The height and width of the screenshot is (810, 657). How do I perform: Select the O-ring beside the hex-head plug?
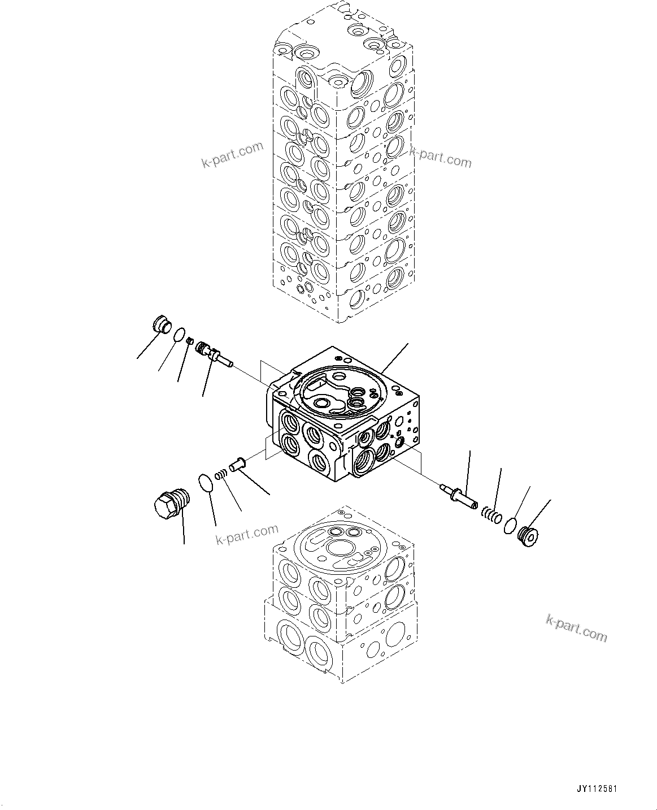(207, 483)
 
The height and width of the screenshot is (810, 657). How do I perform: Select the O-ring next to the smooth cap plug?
(180, 334)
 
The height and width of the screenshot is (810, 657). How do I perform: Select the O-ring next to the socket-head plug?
(510, 524)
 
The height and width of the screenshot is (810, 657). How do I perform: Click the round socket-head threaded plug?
(529, 537)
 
